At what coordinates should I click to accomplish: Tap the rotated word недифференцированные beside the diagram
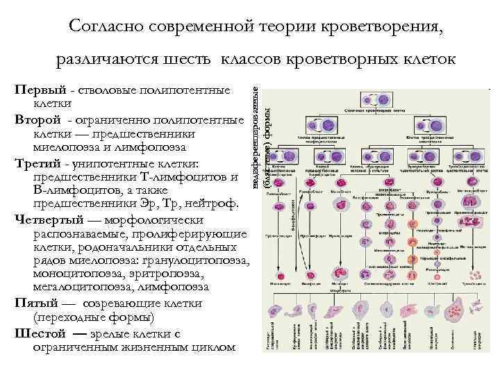tap(256, 139)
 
